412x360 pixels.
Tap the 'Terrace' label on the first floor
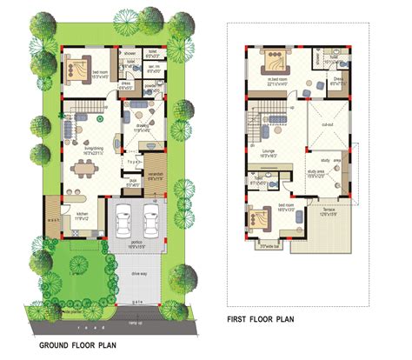(x=322, y=210)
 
